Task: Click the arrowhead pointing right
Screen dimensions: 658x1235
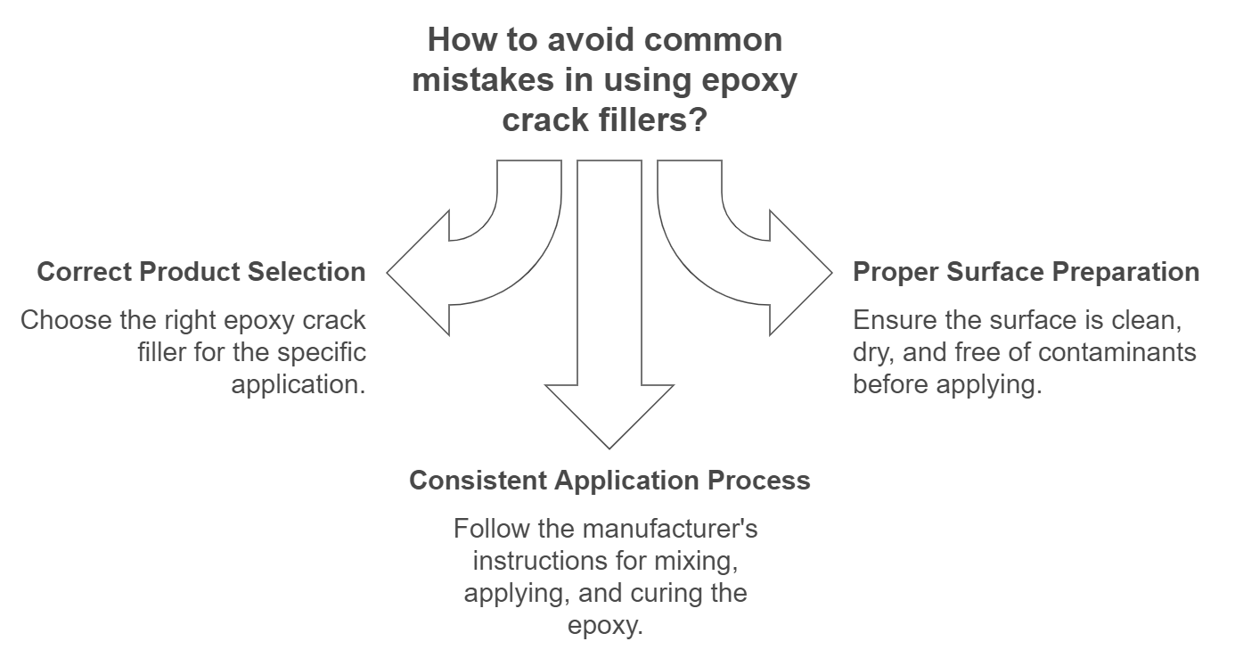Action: (799, 272)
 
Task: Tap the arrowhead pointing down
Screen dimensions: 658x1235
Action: (609, 414)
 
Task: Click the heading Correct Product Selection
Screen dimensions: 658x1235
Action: (201, 272)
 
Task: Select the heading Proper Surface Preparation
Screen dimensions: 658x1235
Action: (1026, 272)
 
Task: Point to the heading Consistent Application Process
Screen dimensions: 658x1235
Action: (609, 481)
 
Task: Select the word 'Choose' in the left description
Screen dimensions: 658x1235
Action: (59, 321)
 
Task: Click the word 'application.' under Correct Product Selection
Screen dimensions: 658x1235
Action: (299, 384)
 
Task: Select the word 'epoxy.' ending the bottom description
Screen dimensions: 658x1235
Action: (605, 625)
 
